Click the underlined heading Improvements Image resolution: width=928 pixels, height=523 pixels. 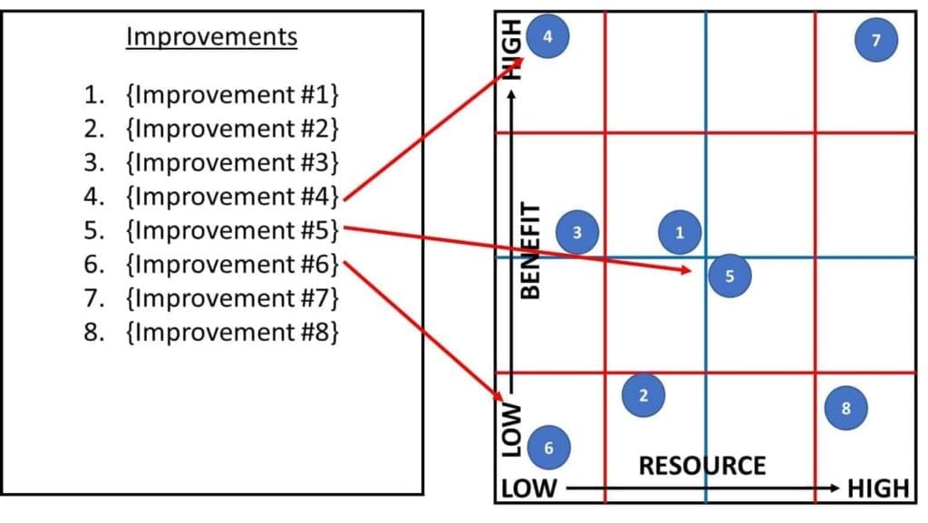[212, 37]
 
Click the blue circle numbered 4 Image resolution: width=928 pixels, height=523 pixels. [547, 36]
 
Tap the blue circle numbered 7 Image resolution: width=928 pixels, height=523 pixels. [875, 40]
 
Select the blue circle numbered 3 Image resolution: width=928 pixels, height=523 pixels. [578, 233]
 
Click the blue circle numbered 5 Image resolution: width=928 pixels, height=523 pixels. [730, 276]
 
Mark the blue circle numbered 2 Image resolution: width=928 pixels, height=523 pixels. [643, 395]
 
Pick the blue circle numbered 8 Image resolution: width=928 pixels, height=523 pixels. [846, 408]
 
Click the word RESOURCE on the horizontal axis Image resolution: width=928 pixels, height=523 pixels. [701, 466]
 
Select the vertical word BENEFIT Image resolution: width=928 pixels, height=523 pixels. [531, 249]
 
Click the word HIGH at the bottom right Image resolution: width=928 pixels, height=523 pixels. [877, 489]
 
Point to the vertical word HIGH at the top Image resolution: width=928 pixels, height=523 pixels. [514, 50]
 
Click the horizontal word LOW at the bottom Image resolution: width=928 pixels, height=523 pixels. [529, 489]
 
